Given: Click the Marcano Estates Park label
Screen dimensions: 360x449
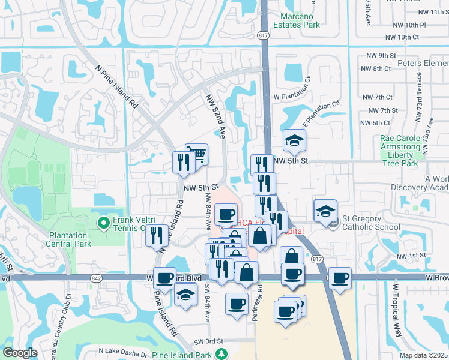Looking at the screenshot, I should [x=296, y=20].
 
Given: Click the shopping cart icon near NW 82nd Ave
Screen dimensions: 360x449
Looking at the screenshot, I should [x=196, y=155].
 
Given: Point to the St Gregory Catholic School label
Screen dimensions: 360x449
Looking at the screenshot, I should [x=371, y=223].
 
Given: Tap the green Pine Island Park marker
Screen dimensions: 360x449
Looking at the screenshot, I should [x=222, y=355].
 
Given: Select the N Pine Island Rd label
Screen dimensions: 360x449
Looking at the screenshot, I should [x=115, y=86].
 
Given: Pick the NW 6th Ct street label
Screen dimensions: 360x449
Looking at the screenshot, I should [x=376, y=123].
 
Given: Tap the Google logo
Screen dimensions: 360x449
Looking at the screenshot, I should [x=20, y=353].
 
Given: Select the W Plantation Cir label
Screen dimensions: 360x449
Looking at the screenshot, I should [x=292, y=88].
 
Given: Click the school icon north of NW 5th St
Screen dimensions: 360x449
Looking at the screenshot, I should [x=294, y=141].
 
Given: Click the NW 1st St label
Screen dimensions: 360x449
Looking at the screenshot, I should [x=412, y=255].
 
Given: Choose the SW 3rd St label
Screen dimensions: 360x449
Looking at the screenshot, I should [x=208, y=341].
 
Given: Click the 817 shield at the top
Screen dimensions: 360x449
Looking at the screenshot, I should [x=264, y=35].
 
